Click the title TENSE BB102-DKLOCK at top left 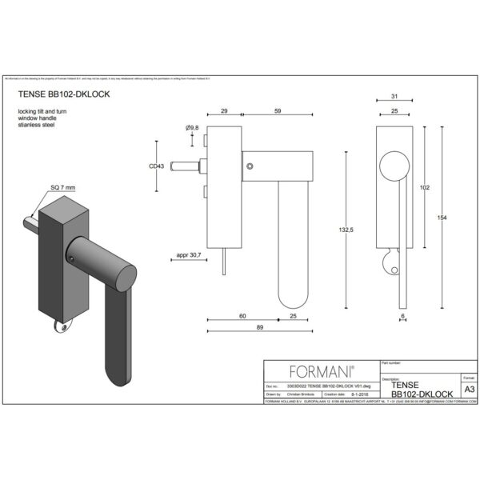click(63, 94)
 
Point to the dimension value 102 click(425, 187)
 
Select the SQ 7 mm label click(62, 187)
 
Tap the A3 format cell click(469, 389)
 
